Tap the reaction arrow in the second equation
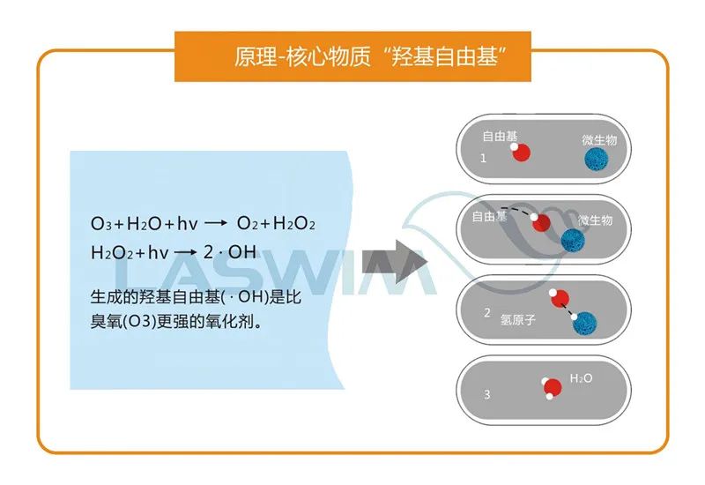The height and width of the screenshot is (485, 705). [185, 253]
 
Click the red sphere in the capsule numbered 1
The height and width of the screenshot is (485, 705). [521, 152]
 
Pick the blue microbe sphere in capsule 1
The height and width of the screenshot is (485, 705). [597, 160]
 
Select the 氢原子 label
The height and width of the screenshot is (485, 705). [518, 321]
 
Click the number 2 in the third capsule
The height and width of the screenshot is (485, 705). [487, 313]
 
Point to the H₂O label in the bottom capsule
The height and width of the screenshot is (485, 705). [582, 378]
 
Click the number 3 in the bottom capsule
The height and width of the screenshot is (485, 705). [486, 395]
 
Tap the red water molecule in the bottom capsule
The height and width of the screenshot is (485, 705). [552, 386]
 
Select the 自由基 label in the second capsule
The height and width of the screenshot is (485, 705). [490, 215]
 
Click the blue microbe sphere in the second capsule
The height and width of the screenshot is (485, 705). [574, 239]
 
